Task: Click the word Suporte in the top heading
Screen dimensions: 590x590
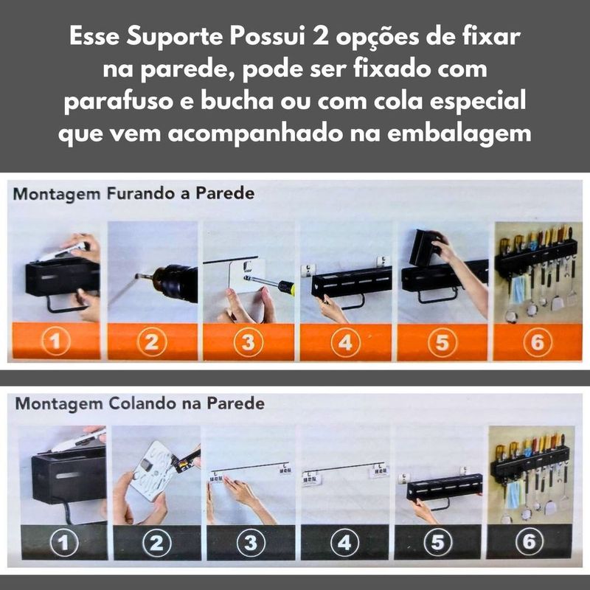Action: [x=175, y=38]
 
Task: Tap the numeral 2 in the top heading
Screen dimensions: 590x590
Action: [x=320, y=37]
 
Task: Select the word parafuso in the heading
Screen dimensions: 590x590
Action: [x=118, y=102]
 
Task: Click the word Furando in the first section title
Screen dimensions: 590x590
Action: [x=142, y=194]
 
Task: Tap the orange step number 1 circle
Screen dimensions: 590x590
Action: [x=56, y=341]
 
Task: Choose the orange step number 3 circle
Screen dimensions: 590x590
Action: [x=249, y=342]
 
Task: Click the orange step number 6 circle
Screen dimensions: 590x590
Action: [x=538, y=342]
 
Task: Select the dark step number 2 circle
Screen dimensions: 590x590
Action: [x=157, y=543]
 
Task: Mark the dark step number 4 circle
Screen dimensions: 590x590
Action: [x=344, y=543]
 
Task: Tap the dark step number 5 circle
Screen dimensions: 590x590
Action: [x=438, y=542]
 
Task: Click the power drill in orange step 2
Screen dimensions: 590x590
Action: [x=172, y=283]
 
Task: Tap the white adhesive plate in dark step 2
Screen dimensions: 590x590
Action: [x=153, y=471]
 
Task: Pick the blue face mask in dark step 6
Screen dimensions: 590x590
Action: [x=513, y=494]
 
